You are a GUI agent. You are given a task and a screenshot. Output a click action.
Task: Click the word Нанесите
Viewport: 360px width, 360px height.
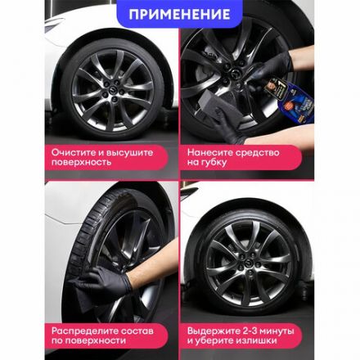[x=210, y=152]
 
